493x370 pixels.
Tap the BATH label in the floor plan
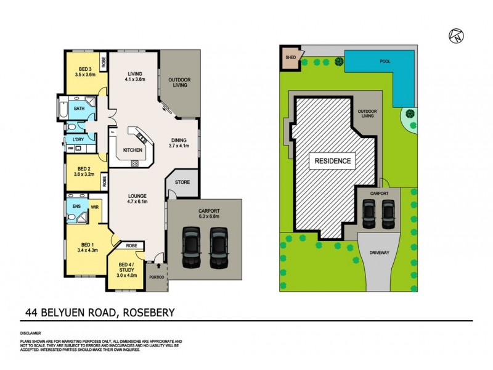[79, 109]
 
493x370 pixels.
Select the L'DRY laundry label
[78, 140]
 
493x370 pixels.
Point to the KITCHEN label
[133, 150]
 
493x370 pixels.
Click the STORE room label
[182, 183]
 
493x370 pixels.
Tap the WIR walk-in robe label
[96, 208]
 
